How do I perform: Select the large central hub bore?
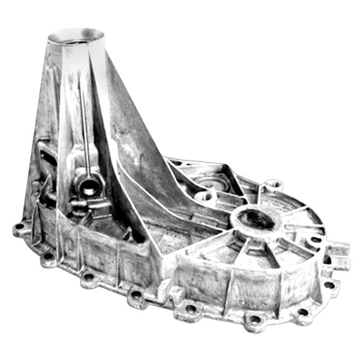click(x=259, y=219)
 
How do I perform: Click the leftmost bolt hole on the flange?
click(x=19, y=229)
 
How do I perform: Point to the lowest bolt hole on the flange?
click(x=255, y=319)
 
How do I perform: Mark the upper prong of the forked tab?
click(x=339, y=248)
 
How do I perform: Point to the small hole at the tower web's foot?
click(x=205, y=196)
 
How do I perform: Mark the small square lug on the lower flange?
click(x=177, y=293)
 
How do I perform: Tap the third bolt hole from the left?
click(x=88, y=278)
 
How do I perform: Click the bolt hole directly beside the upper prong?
click(x=315, y=240)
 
